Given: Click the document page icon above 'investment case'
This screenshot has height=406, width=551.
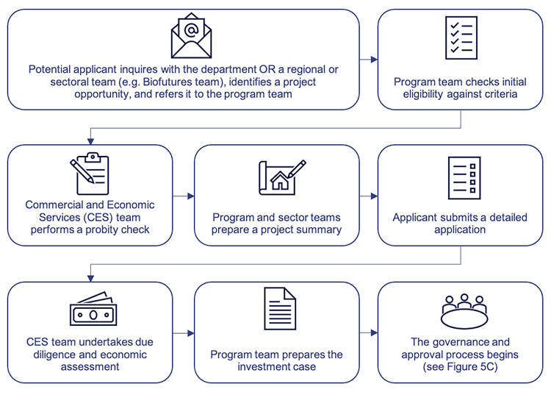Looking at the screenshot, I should click(278, 309).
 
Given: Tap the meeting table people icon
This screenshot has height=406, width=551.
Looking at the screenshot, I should click(464, 312).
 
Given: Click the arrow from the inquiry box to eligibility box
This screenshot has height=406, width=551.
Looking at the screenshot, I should click(369, 60).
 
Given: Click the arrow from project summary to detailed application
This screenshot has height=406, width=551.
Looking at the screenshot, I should click(369, 196).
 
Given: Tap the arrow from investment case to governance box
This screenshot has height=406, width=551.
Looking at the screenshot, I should click(369, 333).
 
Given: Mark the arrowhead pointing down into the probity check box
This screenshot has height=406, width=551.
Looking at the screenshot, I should click(90, 140).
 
